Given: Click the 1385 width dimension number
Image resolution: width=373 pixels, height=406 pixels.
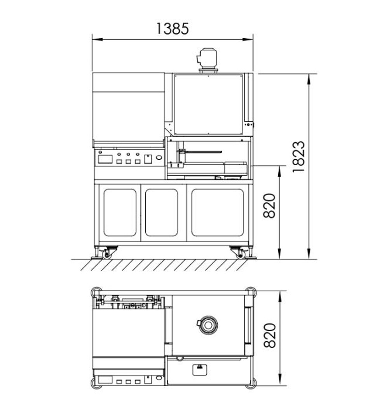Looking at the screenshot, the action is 173,28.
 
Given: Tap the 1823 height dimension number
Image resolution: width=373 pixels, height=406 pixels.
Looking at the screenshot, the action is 299,157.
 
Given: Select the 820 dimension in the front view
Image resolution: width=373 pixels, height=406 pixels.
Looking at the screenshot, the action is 270,206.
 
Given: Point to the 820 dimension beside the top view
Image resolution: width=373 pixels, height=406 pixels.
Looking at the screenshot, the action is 270,336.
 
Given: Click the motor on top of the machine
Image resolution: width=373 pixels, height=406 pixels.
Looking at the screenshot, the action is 207,60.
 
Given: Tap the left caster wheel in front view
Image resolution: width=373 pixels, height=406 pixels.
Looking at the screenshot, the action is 106,255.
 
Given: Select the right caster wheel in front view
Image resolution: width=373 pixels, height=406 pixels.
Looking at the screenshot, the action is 241,255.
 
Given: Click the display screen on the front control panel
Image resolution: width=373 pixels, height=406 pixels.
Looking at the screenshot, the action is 105,159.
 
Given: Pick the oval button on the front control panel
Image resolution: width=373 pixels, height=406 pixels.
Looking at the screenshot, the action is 159,157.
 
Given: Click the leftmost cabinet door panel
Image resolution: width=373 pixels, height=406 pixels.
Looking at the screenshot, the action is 120,213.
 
